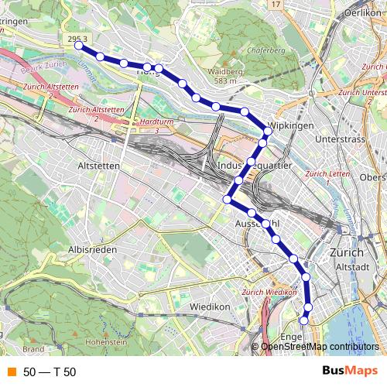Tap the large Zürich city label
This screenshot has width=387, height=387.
(346, 252)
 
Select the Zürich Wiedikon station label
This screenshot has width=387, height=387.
(269, 293)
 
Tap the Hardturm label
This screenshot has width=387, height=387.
(151, 122)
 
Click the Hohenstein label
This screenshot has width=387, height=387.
(106, 341)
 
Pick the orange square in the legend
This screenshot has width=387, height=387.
(10, 372)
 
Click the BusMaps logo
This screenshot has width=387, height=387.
(350, 372)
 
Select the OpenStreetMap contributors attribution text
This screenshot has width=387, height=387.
(320, 347)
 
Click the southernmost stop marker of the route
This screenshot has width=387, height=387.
(303, 319)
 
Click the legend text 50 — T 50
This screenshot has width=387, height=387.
(50, 372)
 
